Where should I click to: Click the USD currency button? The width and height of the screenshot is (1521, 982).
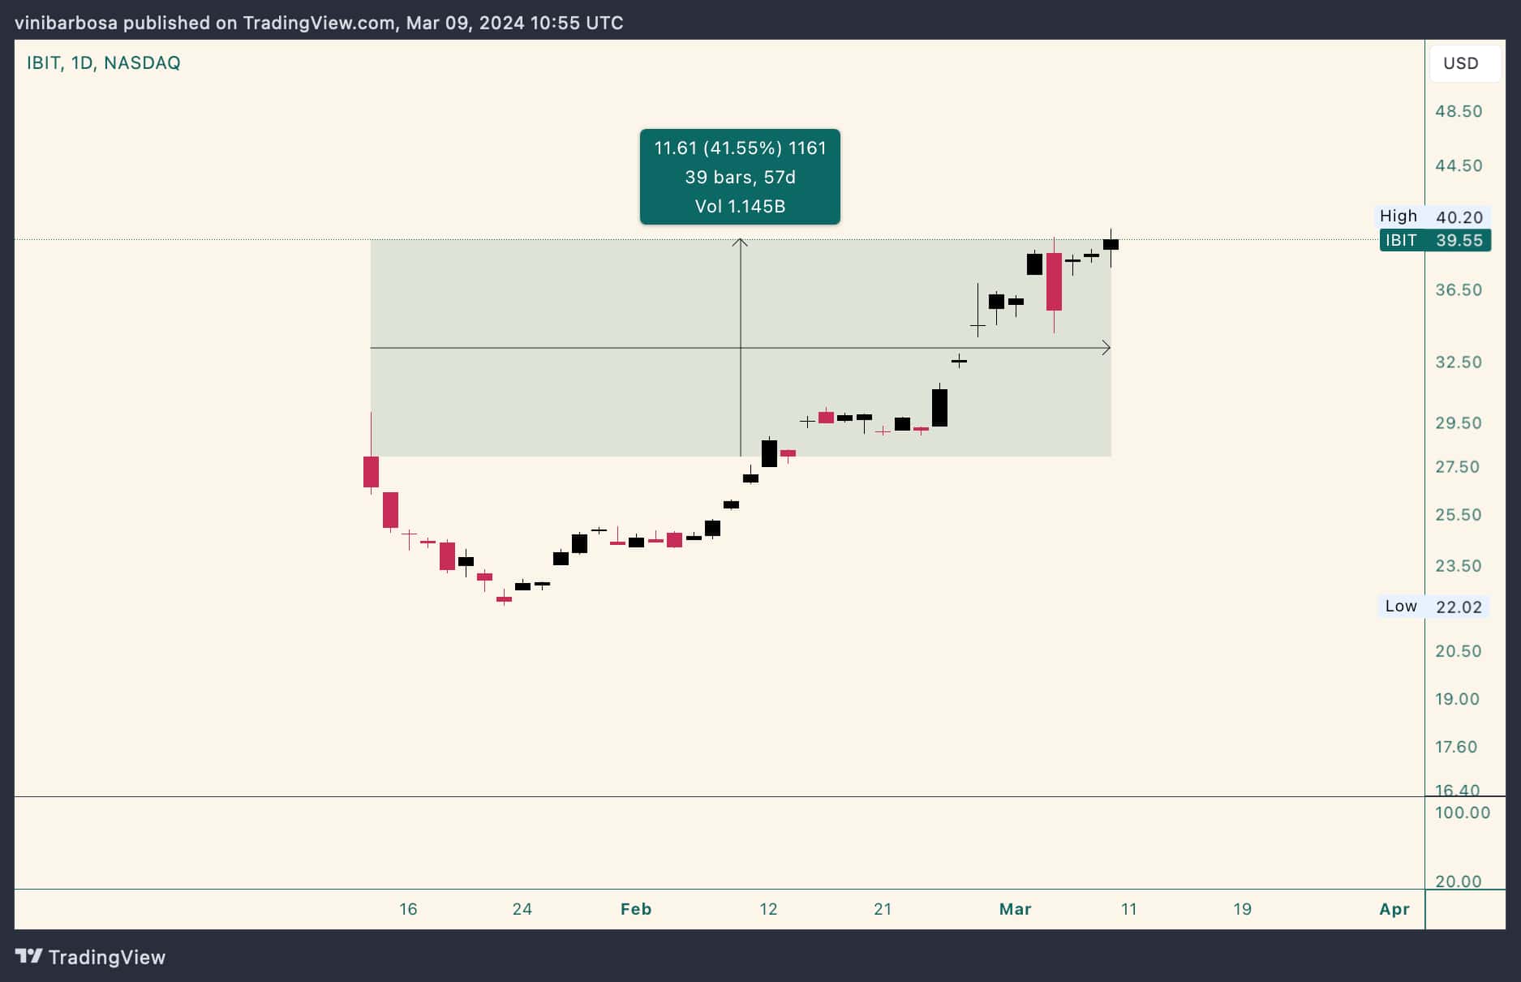pos(1460,63)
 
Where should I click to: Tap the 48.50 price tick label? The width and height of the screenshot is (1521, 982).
pos(1459,111)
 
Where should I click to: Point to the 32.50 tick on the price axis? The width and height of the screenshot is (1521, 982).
pos(1459,362)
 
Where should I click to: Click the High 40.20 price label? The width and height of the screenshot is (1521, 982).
pos(1433,217)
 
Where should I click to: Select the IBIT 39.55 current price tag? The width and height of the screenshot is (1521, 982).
pos(1434,240)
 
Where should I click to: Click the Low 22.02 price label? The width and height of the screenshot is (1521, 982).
pos(1433,607)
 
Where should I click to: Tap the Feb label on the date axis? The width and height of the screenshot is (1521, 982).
pos(635,909)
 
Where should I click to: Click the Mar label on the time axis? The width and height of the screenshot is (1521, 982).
pos(1015,909)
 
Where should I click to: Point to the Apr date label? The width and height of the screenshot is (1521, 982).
pos(1394,909)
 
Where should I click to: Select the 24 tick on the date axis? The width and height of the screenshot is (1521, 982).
pos(522,909)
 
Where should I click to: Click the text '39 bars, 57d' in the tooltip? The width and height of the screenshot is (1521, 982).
pos(740,177)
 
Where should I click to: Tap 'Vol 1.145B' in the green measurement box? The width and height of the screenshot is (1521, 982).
pos(740,206)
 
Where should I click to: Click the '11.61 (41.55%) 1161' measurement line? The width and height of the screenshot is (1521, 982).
pos(740,148)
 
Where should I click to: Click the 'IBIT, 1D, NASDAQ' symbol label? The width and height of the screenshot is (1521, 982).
pos(103,63)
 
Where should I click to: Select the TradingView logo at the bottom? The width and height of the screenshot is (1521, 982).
pos(91,957)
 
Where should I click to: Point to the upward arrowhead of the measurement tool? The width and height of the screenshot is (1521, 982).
pos(740,242)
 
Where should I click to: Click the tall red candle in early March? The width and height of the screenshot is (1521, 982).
pos(1054,281)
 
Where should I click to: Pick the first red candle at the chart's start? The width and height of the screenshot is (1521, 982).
pos(371,471)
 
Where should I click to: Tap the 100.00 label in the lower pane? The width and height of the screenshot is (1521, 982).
pos(1462,813)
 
